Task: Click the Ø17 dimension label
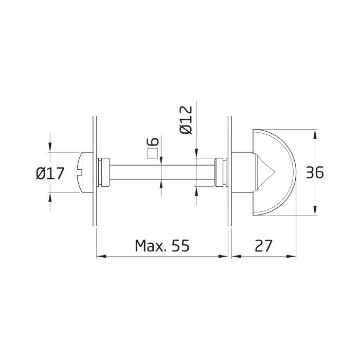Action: (50, 173)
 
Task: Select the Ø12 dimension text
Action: (186, 120)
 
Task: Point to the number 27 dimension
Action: (264, 246)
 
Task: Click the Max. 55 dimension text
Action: (162, 246)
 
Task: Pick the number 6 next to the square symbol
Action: (153, 142)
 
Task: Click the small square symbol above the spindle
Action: (152, 153)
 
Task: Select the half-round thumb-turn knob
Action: (278, 173)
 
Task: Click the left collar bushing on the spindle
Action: (104, 173)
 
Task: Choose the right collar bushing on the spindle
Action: (219, 173)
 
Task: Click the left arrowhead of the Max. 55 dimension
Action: (100, 256)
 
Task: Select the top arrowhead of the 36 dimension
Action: (315, 133)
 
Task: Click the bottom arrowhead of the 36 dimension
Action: (315, 212)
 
